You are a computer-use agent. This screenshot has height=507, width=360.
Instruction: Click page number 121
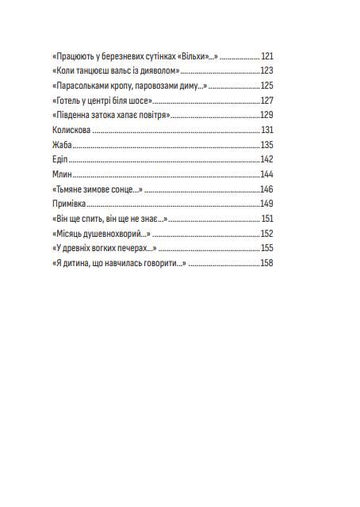266,57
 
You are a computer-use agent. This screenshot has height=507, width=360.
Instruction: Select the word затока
108,116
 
